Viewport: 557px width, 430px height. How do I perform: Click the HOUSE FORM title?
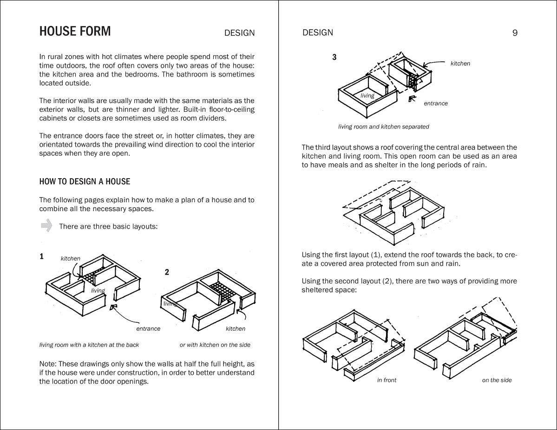(75, 32)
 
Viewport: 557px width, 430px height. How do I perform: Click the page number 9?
(515, 33)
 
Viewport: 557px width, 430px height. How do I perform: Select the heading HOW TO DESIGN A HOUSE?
(85, 181)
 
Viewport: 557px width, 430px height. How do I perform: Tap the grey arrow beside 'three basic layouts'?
(46, 226)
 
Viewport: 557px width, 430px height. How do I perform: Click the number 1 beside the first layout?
(42, 257)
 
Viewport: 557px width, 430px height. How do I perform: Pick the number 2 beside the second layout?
(167, 272)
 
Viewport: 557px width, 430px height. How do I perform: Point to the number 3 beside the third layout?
(334, 58)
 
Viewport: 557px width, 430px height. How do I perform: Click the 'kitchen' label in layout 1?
(71, 258)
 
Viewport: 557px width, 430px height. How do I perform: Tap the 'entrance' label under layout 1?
(148, 328)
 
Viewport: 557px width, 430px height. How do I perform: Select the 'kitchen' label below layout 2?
(236, 328)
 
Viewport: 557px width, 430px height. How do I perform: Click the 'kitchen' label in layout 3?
(460, 64)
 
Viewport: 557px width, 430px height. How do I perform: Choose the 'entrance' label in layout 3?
(435, 103)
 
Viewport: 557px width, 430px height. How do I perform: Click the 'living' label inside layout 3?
(367, 96)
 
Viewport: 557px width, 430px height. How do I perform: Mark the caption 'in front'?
(387, 380)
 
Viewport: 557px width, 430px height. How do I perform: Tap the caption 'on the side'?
(497, 380)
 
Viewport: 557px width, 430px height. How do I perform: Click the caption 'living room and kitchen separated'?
(383, 127)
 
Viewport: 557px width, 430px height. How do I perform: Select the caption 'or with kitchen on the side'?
(215, 345)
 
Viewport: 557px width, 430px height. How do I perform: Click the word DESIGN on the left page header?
(239, 33)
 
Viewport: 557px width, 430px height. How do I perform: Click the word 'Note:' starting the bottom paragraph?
(48, 364)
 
